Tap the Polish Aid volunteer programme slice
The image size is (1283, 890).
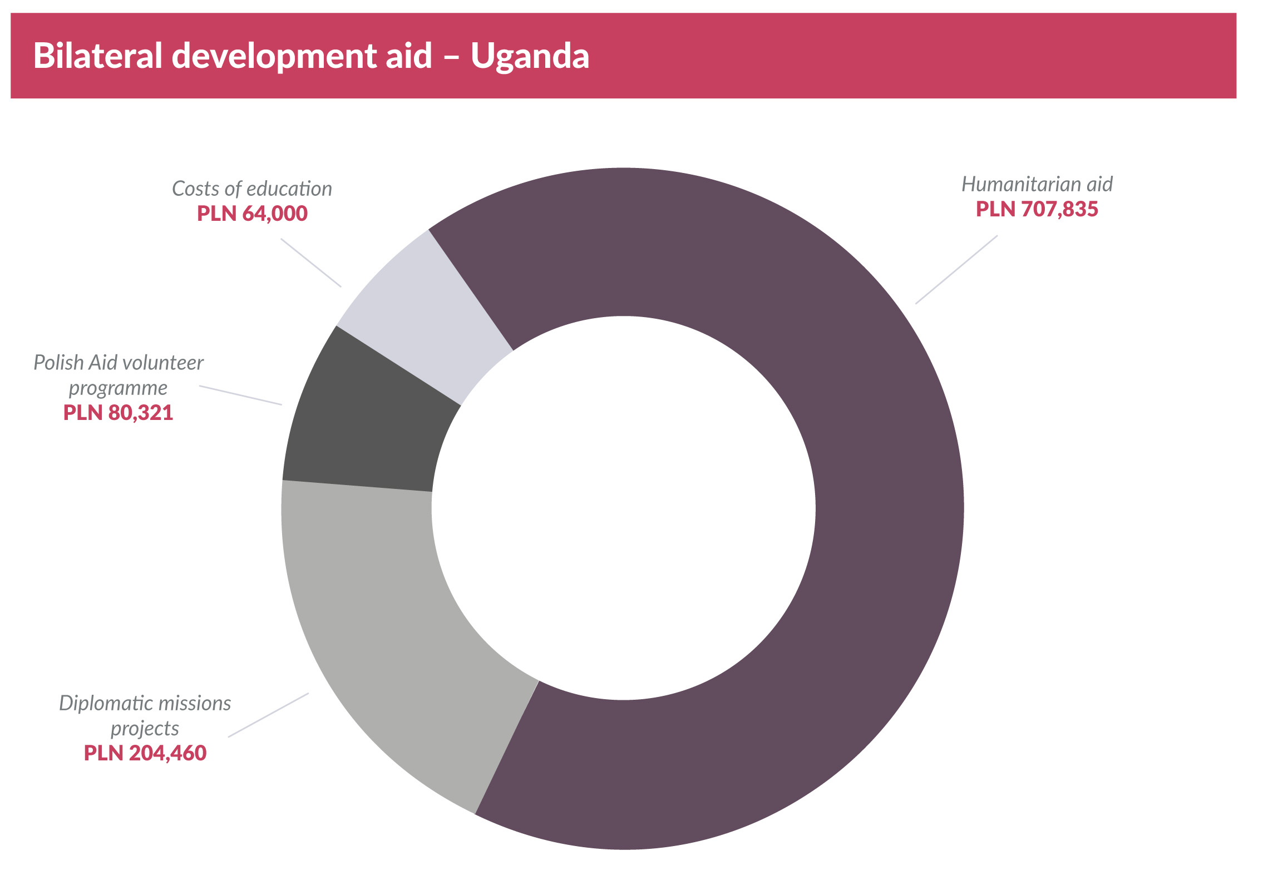[x=368, y=424]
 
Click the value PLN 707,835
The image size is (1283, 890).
[x=1036, y=209]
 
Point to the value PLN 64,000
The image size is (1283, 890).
[x=252, y=214]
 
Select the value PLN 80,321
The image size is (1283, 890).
[x=119, y=413]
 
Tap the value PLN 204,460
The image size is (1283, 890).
[x=145, y=753]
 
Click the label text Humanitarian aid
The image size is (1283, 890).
[x=1036, y=184]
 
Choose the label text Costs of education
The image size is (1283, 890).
[x=252, y=189]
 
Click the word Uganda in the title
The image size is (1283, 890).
[x=529, y=56]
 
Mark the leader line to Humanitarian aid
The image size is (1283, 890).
[x=955, y=269]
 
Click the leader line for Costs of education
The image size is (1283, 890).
[x=310, y=263]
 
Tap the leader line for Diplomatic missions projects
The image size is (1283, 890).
[x=268, y=714]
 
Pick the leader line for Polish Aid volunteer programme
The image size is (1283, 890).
[x=240, y=395]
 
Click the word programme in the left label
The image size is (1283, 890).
[x=118, y=388]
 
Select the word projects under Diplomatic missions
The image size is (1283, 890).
[x=145, y=728]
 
